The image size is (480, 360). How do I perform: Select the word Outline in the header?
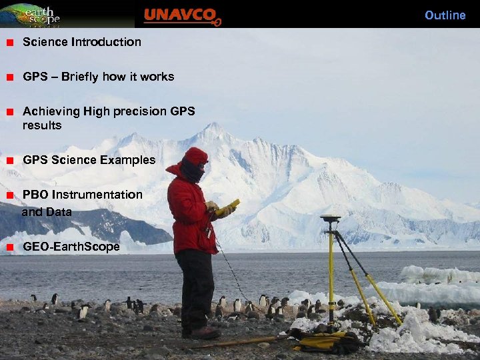click(445, 15)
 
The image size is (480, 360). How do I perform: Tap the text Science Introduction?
click(82, 42)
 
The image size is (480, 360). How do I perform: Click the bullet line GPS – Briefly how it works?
click(98, 77)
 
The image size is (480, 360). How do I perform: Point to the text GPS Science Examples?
click(89, 160)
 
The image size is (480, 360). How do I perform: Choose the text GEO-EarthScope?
click(71, 247)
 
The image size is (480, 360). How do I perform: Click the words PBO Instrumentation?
click(83, 195)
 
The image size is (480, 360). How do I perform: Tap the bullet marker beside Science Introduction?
click(10, 43)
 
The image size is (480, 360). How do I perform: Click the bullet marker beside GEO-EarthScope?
click(10, 247)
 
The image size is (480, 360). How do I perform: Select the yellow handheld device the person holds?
click(227, 206)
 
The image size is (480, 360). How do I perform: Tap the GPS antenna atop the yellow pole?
click(330, 219)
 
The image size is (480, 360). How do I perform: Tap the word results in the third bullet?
click(42, 125)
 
